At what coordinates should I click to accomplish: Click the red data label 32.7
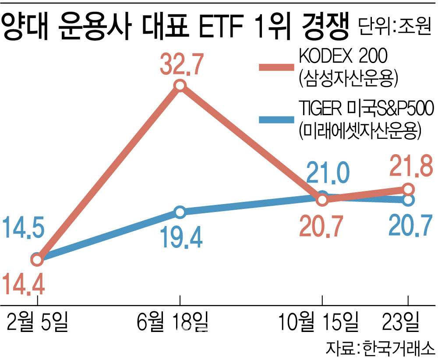point(182,64)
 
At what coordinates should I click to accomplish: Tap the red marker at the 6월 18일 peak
point(180,85)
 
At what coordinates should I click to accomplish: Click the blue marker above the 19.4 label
point(180,212)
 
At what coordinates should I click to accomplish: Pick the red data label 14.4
point(24,284)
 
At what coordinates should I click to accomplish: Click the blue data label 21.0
point(328,173)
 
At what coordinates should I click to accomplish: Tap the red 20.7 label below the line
point(321,227)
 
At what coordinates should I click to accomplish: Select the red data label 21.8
point(411,166)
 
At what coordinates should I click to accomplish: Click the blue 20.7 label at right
point(410,225)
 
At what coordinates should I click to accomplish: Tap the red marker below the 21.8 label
point(408,190)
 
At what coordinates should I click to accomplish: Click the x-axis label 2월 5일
point(37,322)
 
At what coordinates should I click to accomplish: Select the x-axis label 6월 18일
point(173,322)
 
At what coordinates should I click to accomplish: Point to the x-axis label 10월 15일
point(319,322)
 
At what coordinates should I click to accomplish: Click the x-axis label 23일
point(401,322)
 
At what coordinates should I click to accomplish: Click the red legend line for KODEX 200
point(276,67)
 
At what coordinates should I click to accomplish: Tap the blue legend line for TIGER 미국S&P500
point(276,120)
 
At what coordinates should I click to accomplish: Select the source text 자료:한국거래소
point(380,348)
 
